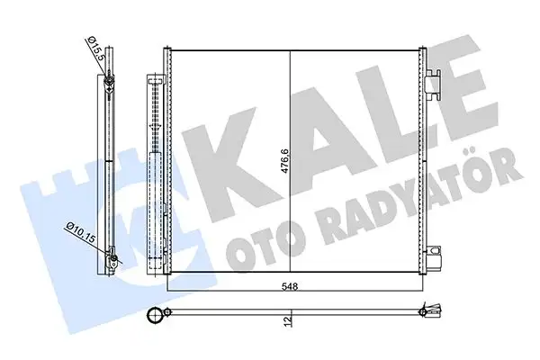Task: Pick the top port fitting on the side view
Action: [x=108, y=85]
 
